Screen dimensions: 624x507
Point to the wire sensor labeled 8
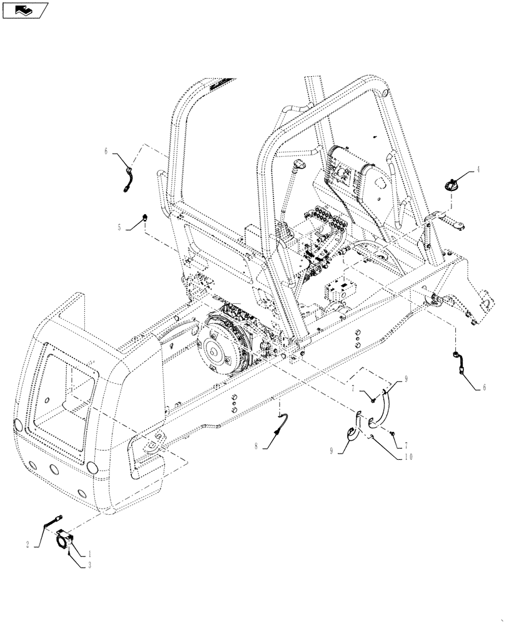pos(282,422)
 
